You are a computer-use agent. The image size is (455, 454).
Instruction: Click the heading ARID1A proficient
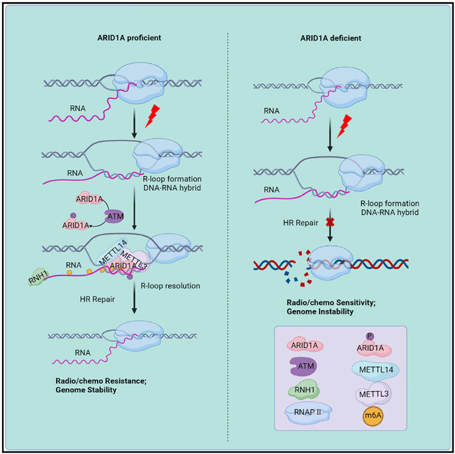point(125,38)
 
